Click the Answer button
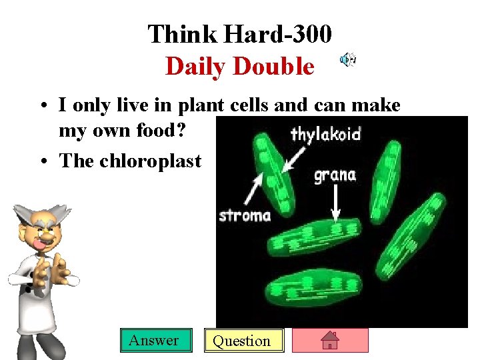point(154,340)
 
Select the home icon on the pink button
point(330,341)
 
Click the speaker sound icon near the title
point(347,60)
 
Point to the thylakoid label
point(325,135)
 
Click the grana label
point(335,176)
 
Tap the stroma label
point(245,215)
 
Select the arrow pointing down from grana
point(335,203)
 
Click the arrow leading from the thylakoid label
point(291,159)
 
